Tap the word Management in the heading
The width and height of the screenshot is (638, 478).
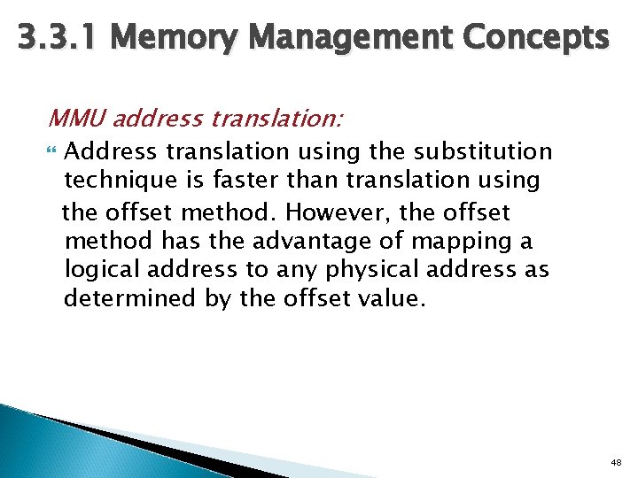(x=354, y=38)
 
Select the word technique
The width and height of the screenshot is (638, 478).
(x=115, y=181)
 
